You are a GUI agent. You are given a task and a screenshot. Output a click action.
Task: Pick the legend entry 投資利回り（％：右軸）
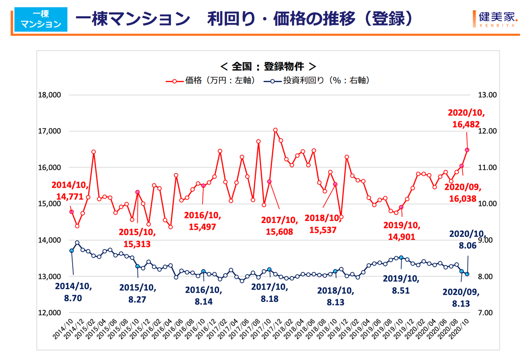pyautogui.click(x=317, y=80)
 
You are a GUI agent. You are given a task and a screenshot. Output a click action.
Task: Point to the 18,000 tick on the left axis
pyautogui.click(x=49, y=95)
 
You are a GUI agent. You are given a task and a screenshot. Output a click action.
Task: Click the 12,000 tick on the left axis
pyautogui.click(x=49, y=313)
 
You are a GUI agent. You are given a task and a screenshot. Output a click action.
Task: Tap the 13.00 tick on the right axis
pyautogui.click(x=487, y=95)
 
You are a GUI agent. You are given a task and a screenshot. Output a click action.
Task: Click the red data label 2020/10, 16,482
pyautogui.click(x=463, y=118)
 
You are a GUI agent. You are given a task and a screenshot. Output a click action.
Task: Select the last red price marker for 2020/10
pyautogui.click(x=467, y=150)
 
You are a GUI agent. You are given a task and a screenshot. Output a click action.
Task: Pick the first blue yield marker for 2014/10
pyautogui.click(x=71, y=251)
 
